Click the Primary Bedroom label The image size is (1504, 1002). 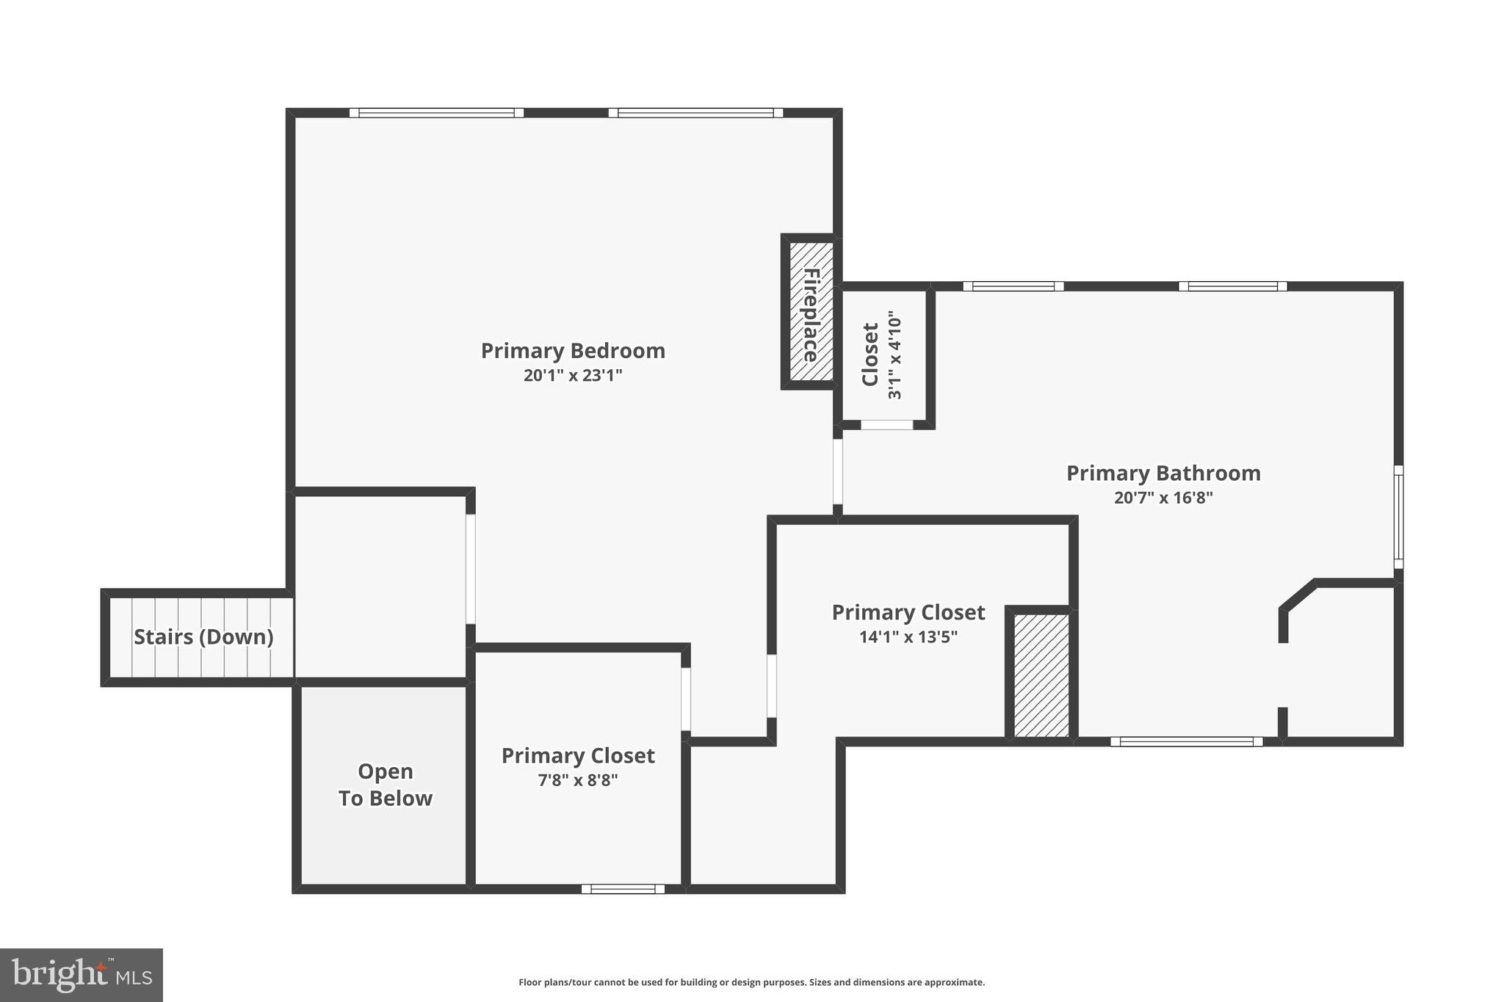coord(573,351)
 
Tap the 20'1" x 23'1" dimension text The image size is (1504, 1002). coord(573,376)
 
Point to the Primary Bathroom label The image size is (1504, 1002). coord(1163,473)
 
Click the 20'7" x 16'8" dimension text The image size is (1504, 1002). coord(1163,498)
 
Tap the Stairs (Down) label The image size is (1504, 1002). coord(203,637)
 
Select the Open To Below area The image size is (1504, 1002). coord(385,785)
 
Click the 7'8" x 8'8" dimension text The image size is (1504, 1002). coord(578,780)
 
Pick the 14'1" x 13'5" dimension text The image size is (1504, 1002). coord(908,637)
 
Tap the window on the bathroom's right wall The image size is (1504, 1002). coord(1398,517)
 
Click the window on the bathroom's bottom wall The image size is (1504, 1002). coord(1186,741)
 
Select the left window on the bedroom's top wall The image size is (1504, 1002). coord(436,113)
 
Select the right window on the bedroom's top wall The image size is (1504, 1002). coord(695,113)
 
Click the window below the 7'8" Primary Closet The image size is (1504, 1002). coord(623,889)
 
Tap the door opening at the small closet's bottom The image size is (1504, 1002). coord(886,425)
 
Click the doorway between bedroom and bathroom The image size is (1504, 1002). coord(838,471)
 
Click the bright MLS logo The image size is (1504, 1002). coord(82,976)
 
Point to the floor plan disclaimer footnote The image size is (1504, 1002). coord(751,982)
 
